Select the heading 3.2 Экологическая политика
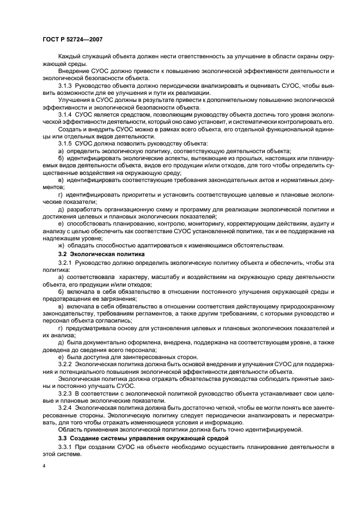[x=101, y=254]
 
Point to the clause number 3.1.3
[x=67, y=86]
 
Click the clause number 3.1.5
[x=67, y=143]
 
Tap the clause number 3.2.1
[x=67, y=263]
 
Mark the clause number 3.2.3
[x=67, y=392]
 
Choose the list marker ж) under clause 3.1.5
[x=61, y=245]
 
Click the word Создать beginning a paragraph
[x=70, y=130]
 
